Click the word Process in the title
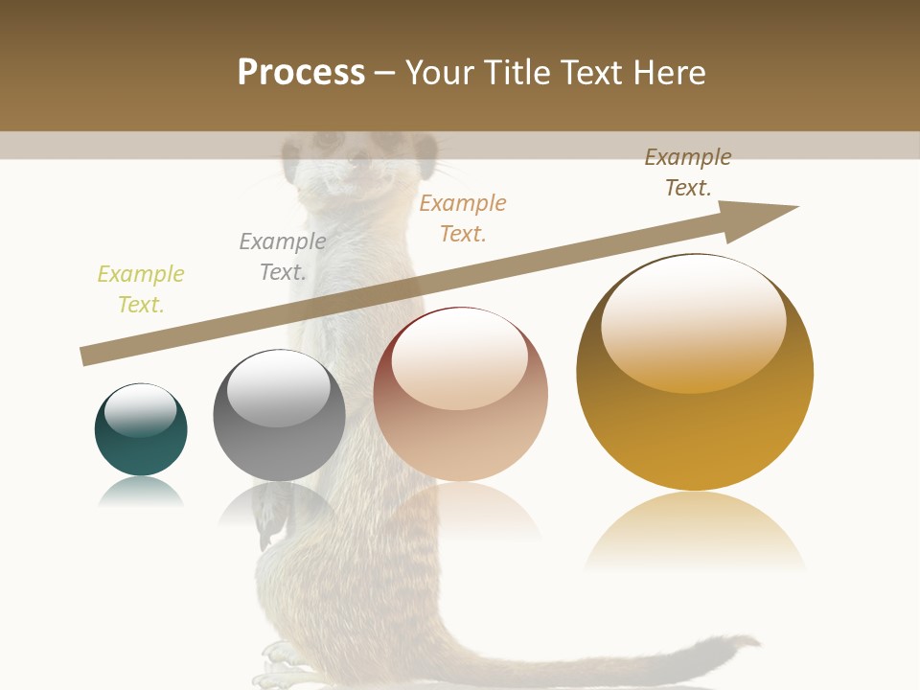click(x=301, y=73)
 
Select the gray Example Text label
click(x=283, y=257)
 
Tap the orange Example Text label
click(x=463, y=218)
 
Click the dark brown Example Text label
click(x=688, y=172)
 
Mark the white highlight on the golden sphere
click(x=693, y=320)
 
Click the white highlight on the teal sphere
click(x=141, y=409)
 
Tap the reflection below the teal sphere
click(x=141, y=493)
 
